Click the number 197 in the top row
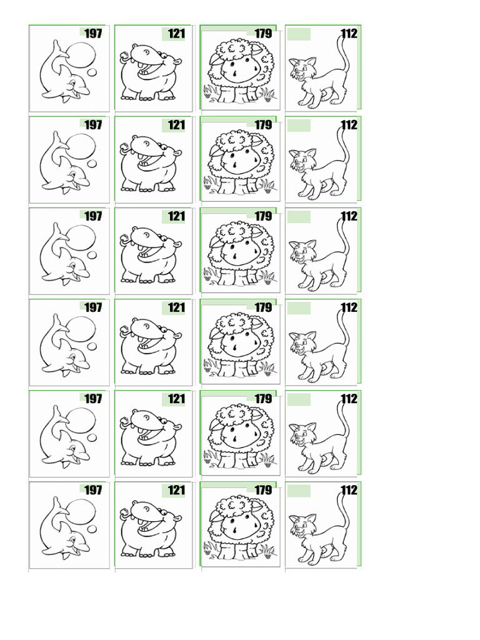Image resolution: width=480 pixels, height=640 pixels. click(93, 34)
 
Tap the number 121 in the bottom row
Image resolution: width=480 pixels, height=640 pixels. click(177, 491)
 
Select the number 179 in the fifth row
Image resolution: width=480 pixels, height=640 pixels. click(263, 399)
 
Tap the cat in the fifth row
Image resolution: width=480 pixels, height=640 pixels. click(319, 437)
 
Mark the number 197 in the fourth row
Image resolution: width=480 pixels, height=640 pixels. click(93, 307)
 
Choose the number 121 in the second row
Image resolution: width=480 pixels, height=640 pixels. click(177, 125)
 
